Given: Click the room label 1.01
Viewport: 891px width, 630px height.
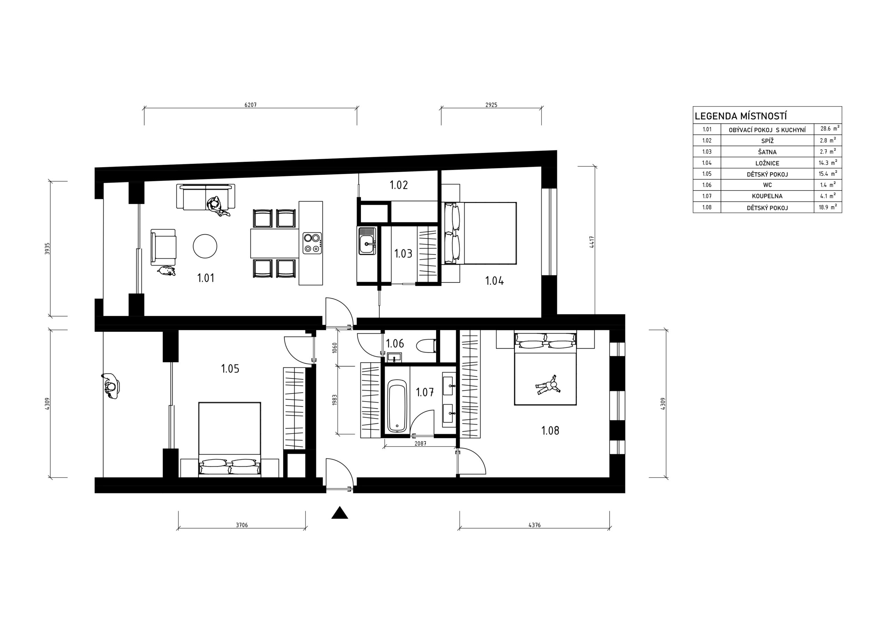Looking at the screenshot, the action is pyautogui.click(x=206, y=278).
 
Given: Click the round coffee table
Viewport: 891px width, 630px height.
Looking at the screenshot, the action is pyautogui.click(x=205, y=246).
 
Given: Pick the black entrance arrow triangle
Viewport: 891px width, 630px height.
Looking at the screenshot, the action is pyautogui.click(x=340, y=513).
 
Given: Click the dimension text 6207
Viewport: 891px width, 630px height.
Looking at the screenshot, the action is pyautogui.click(x=250, y=105).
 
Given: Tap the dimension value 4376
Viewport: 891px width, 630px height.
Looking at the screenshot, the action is pyautogui.click(x=534, y=525).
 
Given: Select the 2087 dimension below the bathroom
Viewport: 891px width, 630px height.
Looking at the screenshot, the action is pyautogui.click(x=420, y=443).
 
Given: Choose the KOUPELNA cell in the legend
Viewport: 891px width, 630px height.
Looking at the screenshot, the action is pyautogui.click(x=767, y=196).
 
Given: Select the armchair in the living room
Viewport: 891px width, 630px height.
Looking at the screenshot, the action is pyautogui.click(x=163, y=247).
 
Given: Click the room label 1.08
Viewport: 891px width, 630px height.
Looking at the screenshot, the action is pyautogui.click(x=550, y=431).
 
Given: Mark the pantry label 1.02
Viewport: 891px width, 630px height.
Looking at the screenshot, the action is pyautogui.click(x=399, y=185).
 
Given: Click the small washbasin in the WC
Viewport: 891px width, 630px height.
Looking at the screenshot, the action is pyautogui.click(x=394, y=357).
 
